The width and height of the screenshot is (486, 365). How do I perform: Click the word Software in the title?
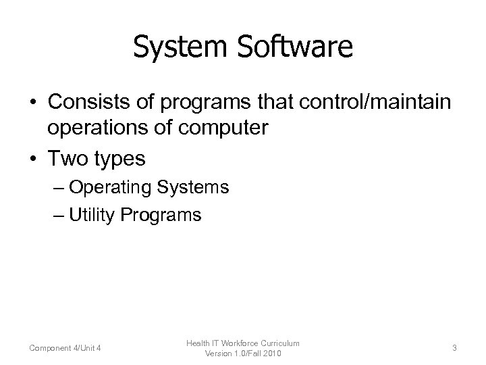(290, 47)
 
